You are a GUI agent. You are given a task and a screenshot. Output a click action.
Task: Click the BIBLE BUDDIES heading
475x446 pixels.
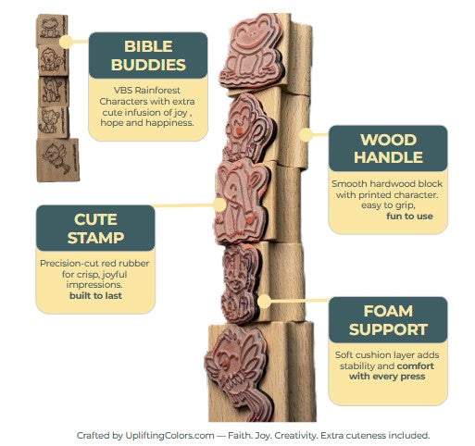pyautogui.click(x=148, y=56)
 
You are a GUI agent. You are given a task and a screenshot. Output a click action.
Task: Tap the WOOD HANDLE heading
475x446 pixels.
pyautogui.click(x=388, y=148)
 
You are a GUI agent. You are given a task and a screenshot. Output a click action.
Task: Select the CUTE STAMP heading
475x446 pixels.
pyautogui.click(x=95, y=229)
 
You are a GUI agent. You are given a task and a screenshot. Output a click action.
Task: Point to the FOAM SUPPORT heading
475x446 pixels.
pyautogui.click(x=388, y=320)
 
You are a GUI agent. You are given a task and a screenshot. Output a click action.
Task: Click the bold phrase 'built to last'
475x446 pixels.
pyautogui.click(x=95, y=295)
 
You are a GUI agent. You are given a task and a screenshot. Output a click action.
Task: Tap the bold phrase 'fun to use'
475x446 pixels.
pyautogui.click(x=409, y=217)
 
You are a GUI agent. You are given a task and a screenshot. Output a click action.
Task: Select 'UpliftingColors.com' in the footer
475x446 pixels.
pyautogui.click(x=169, y=436)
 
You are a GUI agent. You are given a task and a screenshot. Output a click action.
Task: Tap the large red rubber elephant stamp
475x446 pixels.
pyautogui.click(x=239, y=201)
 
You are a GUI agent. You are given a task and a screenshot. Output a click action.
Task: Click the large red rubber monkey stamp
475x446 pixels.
pyautogui.click(x=248, y=128)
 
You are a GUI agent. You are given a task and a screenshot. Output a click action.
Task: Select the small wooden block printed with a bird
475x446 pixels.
pyautogui.click(x=57, y=160)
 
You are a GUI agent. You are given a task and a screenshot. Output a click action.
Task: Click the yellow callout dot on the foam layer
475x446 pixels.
pyautogui.click(x=264, y=301)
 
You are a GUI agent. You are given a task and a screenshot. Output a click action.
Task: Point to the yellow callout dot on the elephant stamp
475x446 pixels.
pyautogui.click(x=219, y=204)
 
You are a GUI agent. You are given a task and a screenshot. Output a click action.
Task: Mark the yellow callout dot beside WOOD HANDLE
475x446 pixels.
pyautogui.click(x=306, y=135)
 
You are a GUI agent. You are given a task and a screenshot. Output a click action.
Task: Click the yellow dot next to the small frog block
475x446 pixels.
pyautogui.click(x=66, y=42)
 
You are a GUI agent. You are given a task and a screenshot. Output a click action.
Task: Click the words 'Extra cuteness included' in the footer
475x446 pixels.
pyautogui.click(x=375, y=436)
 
